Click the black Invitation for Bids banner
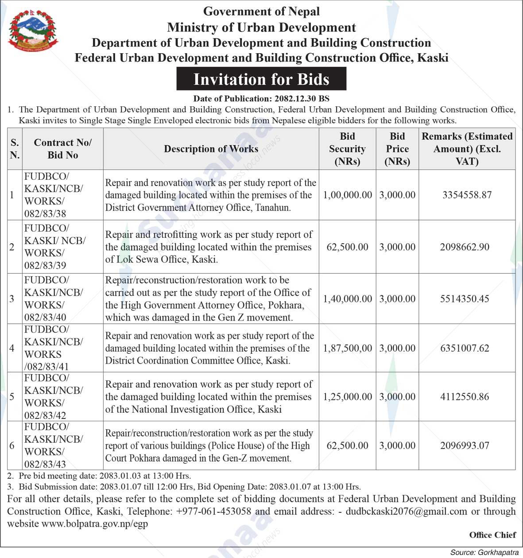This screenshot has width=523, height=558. point(261,79)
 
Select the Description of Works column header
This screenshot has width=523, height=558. point(211,149)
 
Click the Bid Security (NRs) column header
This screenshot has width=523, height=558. point(347,149)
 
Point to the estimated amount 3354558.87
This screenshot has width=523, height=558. point(467,195)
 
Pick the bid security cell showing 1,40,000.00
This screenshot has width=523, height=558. point(347,299)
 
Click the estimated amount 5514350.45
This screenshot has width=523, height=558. point(465,299)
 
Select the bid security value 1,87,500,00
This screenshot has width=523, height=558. point(347,349)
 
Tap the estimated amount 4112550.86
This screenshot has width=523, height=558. point(465,397)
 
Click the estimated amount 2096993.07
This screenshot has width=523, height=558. point(465,446)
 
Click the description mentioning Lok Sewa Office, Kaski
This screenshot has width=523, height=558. point(209,247)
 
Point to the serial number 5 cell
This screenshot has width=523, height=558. point(12,397)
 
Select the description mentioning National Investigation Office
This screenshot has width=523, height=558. point(209,397)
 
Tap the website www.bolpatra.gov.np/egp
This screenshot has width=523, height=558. point(95,524)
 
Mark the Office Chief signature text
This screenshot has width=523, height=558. point(492,535)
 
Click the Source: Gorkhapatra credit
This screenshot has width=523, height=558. point(484,552)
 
